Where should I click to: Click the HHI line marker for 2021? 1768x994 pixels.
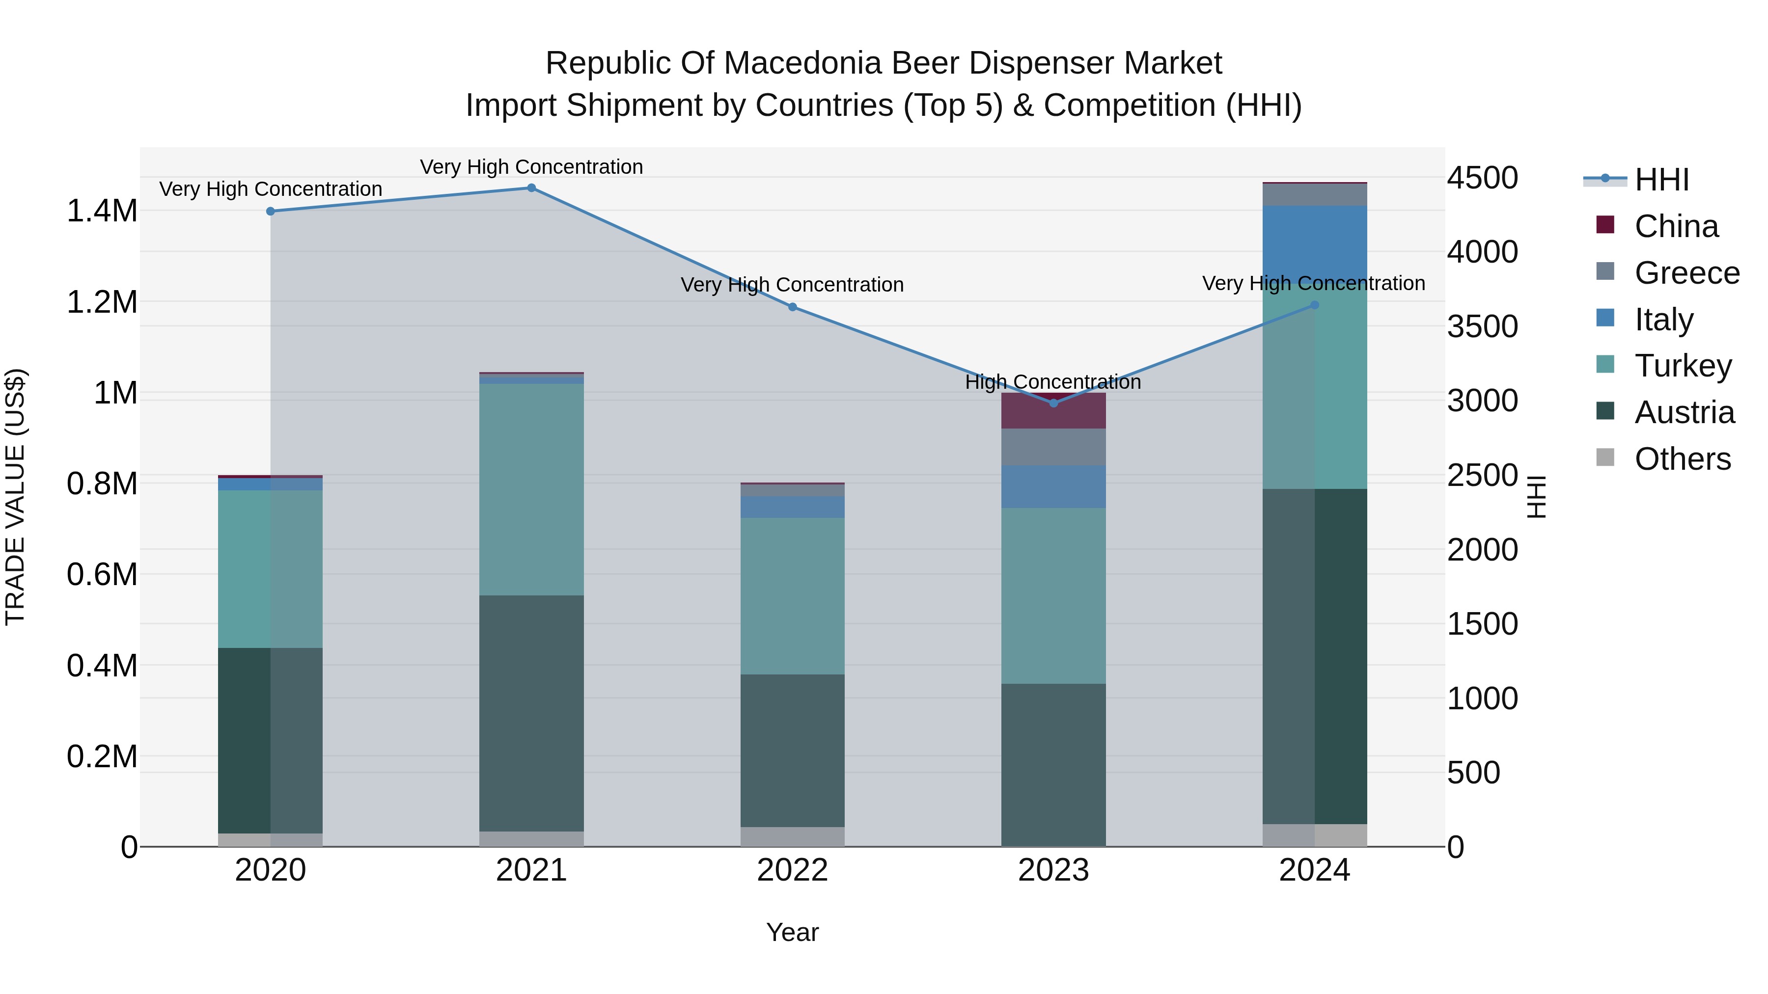(531, 188)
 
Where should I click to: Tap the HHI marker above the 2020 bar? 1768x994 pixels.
(271, 211)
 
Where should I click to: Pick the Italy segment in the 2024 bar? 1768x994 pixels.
(1314, 243)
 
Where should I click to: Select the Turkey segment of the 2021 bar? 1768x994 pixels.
(531, 489)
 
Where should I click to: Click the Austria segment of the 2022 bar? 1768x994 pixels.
(792, 751)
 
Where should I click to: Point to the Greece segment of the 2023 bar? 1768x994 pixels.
(1053, 447)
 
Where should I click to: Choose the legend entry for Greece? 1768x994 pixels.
(1686, 273)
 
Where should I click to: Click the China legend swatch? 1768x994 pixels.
(1605, 225)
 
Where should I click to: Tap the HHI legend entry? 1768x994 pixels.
(1661, 180)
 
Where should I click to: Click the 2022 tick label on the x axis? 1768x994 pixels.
(792, 870)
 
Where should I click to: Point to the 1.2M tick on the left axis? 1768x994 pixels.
(102, 302)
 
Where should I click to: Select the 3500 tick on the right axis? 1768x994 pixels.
(1483, 326)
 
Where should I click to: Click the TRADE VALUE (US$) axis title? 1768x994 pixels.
(15, 497)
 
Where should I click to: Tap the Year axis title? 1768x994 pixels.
(792, 932)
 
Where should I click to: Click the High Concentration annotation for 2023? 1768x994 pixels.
(1053, 382)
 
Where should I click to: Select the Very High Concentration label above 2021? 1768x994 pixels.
(531, 167)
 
